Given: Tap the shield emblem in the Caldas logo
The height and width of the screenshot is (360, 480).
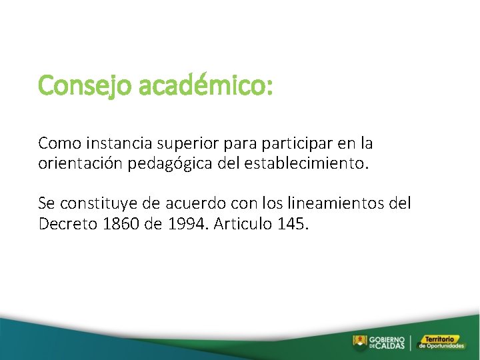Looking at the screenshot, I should pos(359,342).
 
